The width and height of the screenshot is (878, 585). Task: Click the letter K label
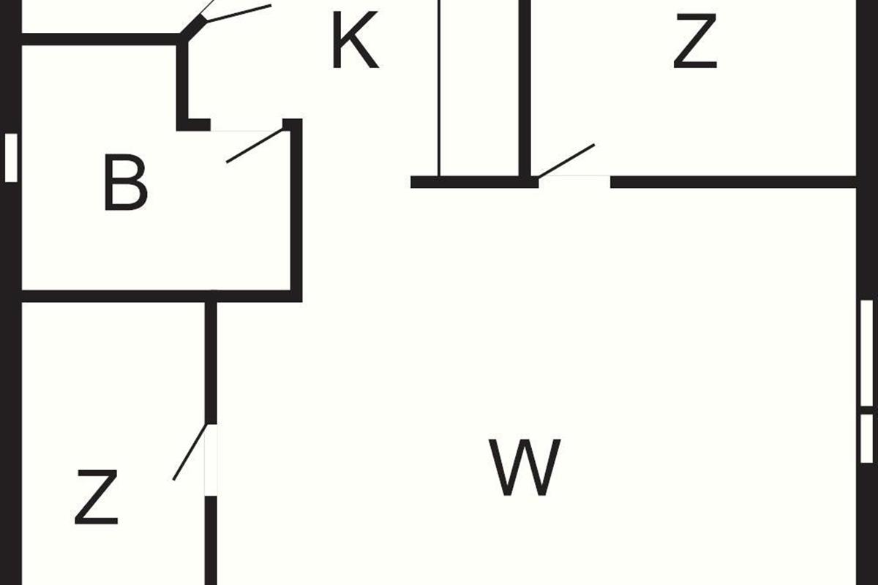click(x=355, y=39)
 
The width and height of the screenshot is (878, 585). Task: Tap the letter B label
click(x=126, y=183)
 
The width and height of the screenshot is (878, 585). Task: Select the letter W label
click(x=525, y=467)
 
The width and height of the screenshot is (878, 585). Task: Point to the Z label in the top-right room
click(x=695, y=41)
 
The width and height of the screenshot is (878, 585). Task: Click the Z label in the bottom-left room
click(x=97, y=497)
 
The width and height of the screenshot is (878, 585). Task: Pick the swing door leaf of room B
click(x=255, y=145)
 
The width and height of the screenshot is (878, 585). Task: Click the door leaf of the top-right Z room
click(x=566, y=161)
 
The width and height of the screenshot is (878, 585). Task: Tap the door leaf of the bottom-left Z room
click(x=190, y=452)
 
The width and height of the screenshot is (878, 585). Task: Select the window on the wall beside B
click(x=11, y=157)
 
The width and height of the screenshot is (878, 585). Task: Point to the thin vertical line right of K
click(x=440, y=88)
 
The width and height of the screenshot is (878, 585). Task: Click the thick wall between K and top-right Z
click(x=525, y=88)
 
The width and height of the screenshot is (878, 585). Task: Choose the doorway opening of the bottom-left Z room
click(x=211, y=460)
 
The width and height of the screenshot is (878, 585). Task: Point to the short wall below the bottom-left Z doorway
click(x=211, y=540)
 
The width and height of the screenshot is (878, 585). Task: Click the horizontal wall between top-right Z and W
click(x=733, y=182)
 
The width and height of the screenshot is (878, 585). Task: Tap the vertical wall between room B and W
click(x=296, y=210)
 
